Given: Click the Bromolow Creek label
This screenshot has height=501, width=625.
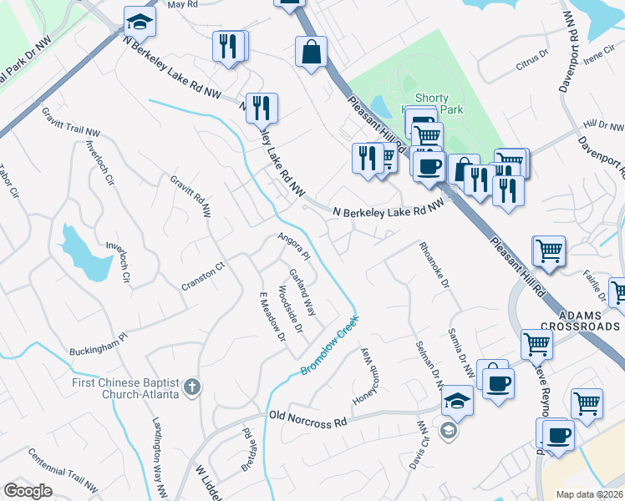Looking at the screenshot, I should pyautogui.click(x=329, y=344).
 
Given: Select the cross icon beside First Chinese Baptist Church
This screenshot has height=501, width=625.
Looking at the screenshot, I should pyautogui.click(x=192, y=387).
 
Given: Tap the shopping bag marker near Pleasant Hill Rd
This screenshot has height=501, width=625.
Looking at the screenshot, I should pyautogui.click(x=311, y=53).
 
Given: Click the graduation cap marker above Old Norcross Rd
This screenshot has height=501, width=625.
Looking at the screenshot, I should pyautogui.click(x=457, y=401).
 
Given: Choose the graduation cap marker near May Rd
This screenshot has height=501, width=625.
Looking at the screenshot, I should pyautogui.click(x=140, y=23).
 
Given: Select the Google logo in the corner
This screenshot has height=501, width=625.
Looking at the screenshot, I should pyautogui.click(x=28, y=491).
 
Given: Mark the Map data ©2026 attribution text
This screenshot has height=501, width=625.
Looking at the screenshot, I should pyautogui.click(x=589, y=494).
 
